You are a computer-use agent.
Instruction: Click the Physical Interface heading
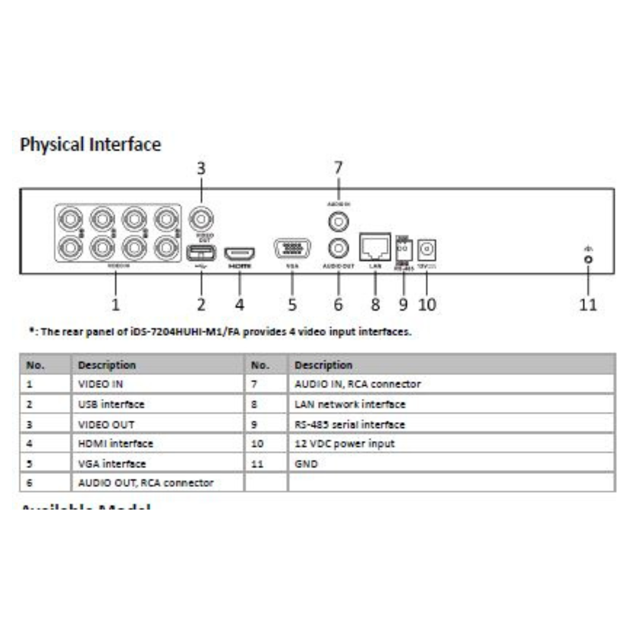click(x=90, y=144)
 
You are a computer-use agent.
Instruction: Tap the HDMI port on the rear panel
click(x=240, y=254)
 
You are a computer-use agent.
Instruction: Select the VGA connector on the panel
click(x=292, y=248)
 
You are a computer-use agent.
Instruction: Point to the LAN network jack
click(x=375, y=246)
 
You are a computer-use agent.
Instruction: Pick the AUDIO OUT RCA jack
click(x=338, y=246)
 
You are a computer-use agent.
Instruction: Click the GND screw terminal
click(x=588, y=259)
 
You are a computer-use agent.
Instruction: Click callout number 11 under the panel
click(x=588, y=304)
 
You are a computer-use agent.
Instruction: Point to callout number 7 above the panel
click(x=338, y=168)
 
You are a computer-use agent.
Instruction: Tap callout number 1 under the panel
click(x=116, y=304)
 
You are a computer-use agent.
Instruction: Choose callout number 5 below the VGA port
click(x=292, y=304)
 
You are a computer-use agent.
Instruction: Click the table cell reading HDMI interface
click(x=115, y=443)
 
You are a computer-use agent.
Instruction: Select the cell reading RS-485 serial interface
click(x=350, y=424)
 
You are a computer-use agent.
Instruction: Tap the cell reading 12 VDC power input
click(x=344, y=443)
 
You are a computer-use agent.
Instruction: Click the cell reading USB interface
click(x=111, y=404)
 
